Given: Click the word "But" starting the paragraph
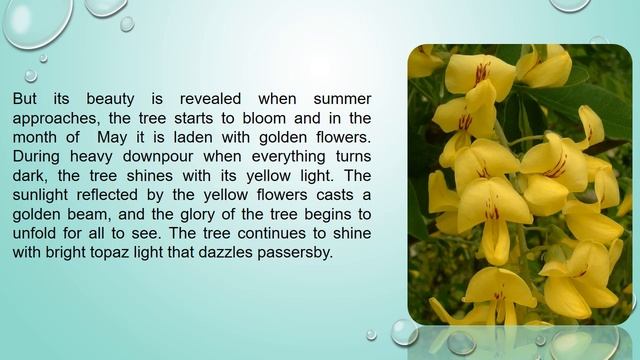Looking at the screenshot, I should pos(26,101).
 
